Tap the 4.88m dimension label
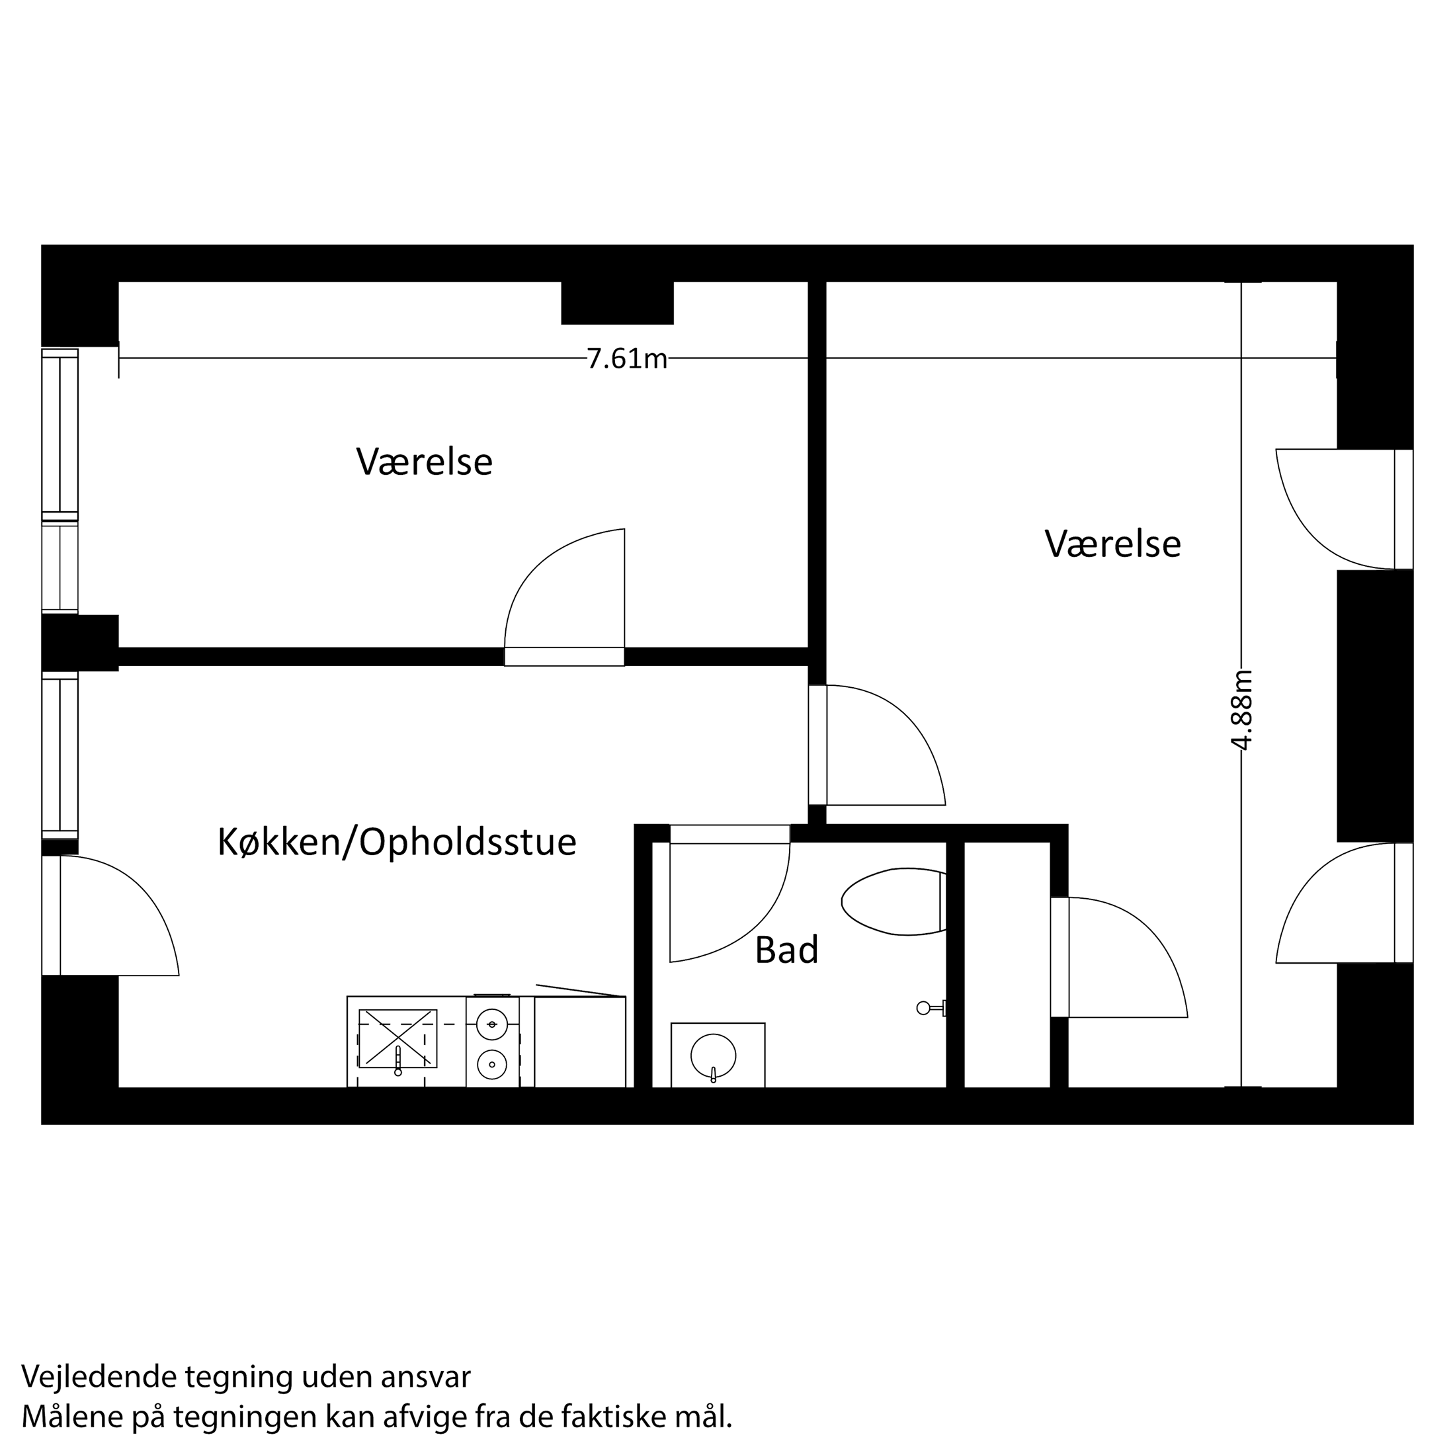pos(1241,710)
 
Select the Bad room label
pos(786,950)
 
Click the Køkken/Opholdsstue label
pos(397,842)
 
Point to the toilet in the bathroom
pos(894,901)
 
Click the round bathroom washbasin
pos(713,1055)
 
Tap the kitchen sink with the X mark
pos(397,1038)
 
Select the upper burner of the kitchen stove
pos(492,1024)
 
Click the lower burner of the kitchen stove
pos(492,1064)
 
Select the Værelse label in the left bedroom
pos(424,462)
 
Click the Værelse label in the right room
pos(1112,544)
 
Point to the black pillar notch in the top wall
pos(617,303)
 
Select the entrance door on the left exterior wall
pos(110,915)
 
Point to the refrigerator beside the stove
pos(580,1042)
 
